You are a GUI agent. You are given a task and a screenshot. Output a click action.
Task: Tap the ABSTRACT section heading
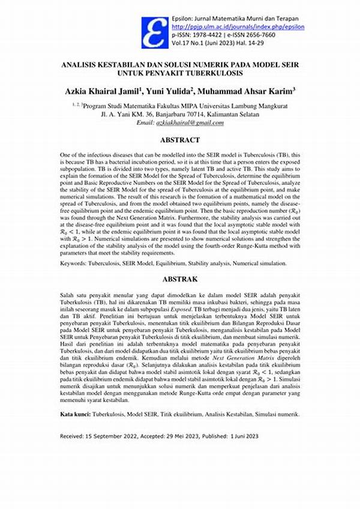click(180, 140)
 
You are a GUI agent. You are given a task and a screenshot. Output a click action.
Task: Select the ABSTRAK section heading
click(180, 279)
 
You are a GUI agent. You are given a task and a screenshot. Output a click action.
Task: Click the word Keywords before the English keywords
click(74, 264)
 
